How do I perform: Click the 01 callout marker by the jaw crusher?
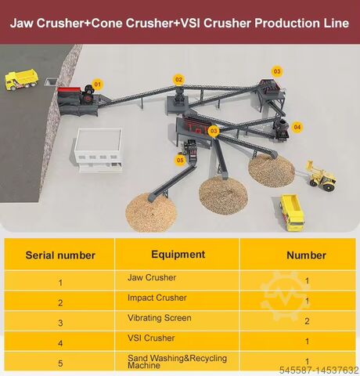click(x=97, y=84)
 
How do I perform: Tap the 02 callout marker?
click(x=178, y=80)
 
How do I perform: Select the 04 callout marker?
click(x=297, y=127)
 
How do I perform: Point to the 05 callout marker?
click(x=180, y=160)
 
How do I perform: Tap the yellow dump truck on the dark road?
click(x=21, y=79)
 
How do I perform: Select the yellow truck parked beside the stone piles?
click(x=292, y=212)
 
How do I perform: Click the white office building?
click(x=98, y=150)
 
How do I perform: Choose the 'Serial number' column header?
click(x=60, y=255)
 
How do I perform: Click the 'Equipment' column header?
click(x=178, y=255)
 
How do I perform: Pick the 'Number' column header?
click(x=306, y=255)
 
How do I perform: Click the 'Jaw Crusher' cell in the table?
click(x=152, y=277)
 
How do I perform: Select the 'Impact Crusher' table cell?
click(x=157, y=298)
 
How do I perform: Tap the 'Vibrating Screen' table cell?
click(x=160, y=318)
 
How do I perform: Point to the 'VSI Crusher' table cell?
click(x=151, y=338)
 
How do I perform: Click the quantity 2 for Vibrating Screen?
click(x=307, y=321)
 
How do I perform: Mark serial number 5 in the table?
click(x=60, y=363)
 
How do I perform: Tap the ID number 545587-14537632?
click(x=319, y=371)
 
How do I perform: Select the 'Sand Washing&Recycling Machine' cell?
click(x=177, y=362)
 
